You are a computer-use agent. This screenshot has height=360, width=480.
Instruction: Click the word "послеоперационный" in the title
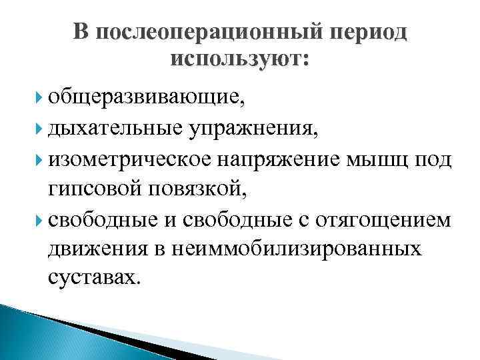[203, 33]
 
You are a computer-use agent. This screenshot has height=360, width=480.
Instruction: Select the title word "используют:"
[239, 60]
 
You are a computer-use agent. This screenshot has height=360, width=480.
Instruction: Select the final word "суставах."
[95, 277]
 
